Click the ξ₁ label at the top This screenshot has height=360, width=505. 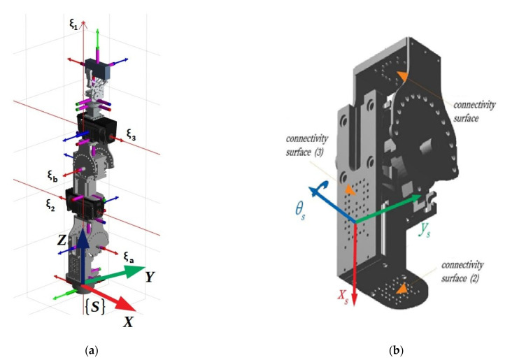73,23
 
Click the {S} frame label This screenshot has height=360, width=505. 92,306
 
